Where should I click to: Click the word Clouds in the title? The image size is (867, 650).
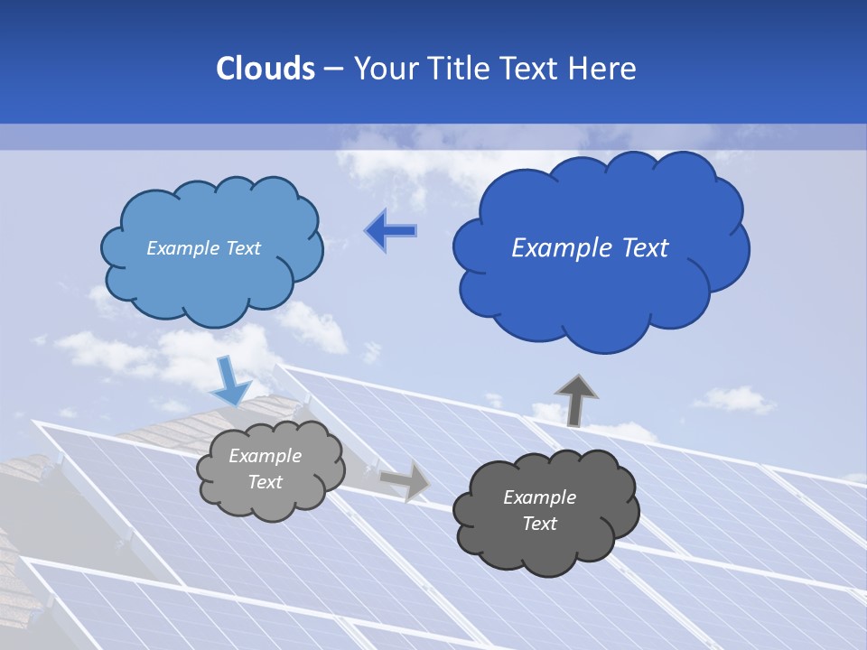pos(266,69)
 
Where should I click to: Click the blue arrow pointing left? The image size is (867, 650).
pos(390,231)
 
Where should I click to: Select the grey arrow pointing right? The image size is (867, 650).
pos(405,479)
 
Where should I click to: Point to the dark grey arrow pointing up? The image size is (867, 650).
pos(575,400)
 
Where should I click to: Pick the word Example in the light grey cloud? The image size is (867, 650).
pos(266,456)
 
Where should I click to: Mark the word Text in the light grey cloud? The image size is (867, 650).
pos(266,482)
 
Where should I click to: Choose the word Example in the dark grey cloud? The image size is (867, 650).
pos(539,497)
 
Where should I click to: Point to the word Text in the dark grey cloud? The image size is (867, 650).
pos(539,524)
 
